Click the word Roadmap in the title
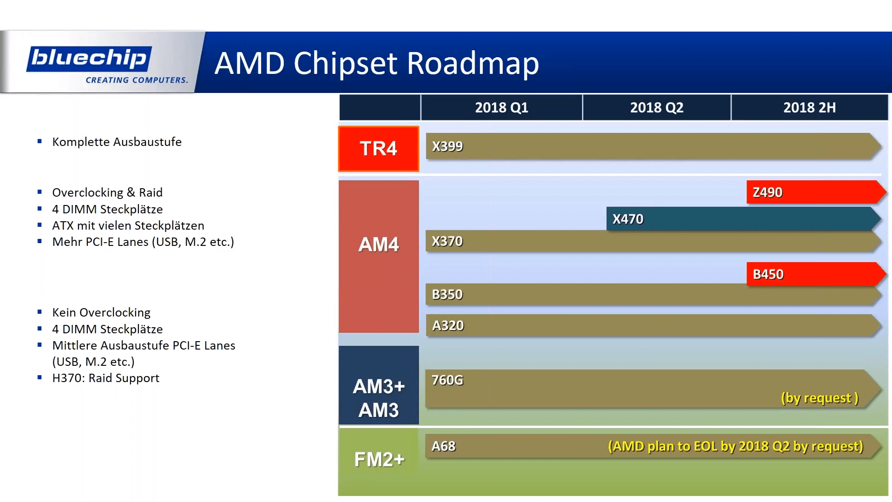point(472,63)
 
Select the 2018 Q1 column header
point(501,108)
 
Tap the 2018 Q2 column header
point(656,108)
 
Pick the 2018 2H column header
point(809,108)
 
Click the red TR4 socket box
point(379,149)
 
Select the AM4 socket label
point(379,244)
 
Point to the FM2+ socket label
point(379,459)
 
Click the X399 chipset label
point(447,146)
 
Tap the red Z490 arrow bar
point(813,192)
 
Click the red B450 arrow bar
point(813,274)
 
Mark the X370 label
point(447,241)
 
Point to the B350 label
point(447,295)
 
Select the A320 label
point(448,325)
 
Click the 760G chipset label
point(447,380)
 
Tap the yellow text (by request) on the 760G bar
point(820,398)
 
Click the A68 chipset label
point(443,446)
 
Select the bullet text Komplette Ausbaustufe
point(117,142)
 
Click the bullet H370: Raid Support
point(105,378)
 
